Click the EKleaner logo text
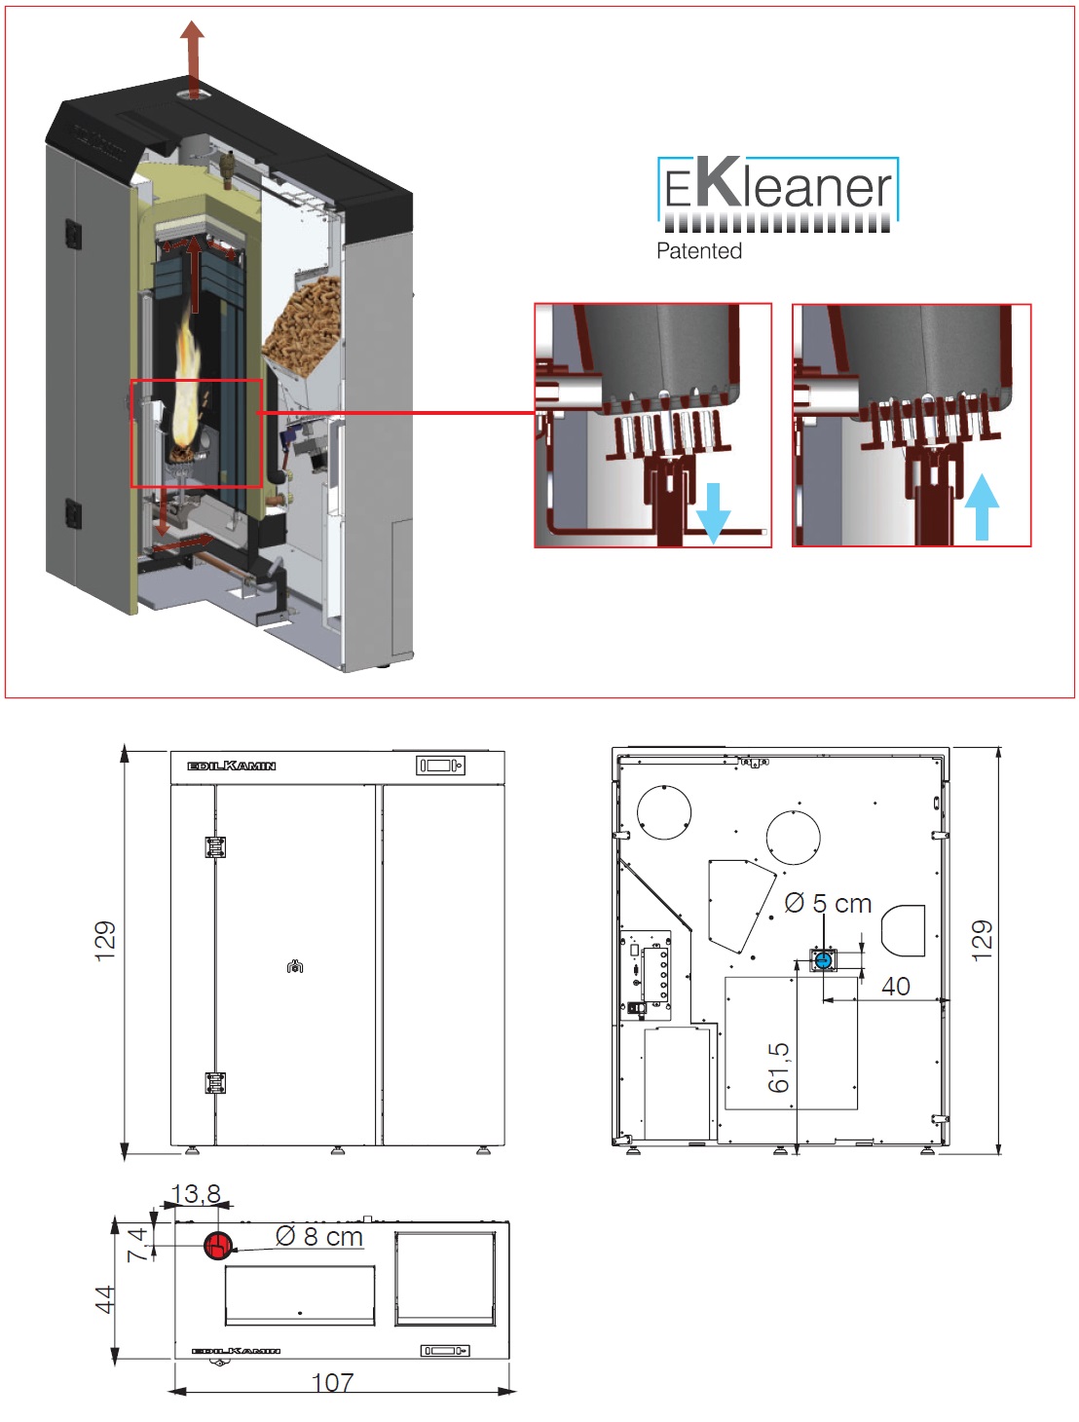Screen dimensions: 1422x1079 pos(777,188)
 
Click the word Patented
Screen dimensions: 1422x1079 pos(699,251)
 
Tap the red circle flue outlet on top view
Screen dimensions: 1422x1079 pos(217,1245)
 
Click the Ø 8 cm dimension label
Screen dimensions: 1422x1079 pos(319,1237)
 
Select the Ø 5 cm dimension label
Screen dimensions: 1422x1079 pos(828,904)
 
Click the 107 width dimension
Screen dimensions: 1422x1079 pos(332,1383)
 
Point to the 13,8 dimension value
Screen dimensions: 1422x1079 pos(196,1194)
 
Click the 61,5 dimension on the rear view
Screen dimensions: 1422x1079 pos(779,1067)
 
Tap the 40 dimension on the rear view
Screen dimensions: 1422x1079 pos(896,987)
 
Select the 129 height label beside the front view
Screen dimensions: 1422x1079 pos(105,941)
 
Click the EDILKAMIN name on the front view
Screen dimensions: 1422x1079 pos(232,767)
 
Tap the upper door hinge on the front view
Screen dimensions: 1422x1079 pos(215,846)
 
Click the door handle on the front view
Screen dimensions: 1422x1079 pos(295,967)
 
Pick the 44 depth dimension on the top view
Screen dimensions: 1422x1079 pos(105,1298)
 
